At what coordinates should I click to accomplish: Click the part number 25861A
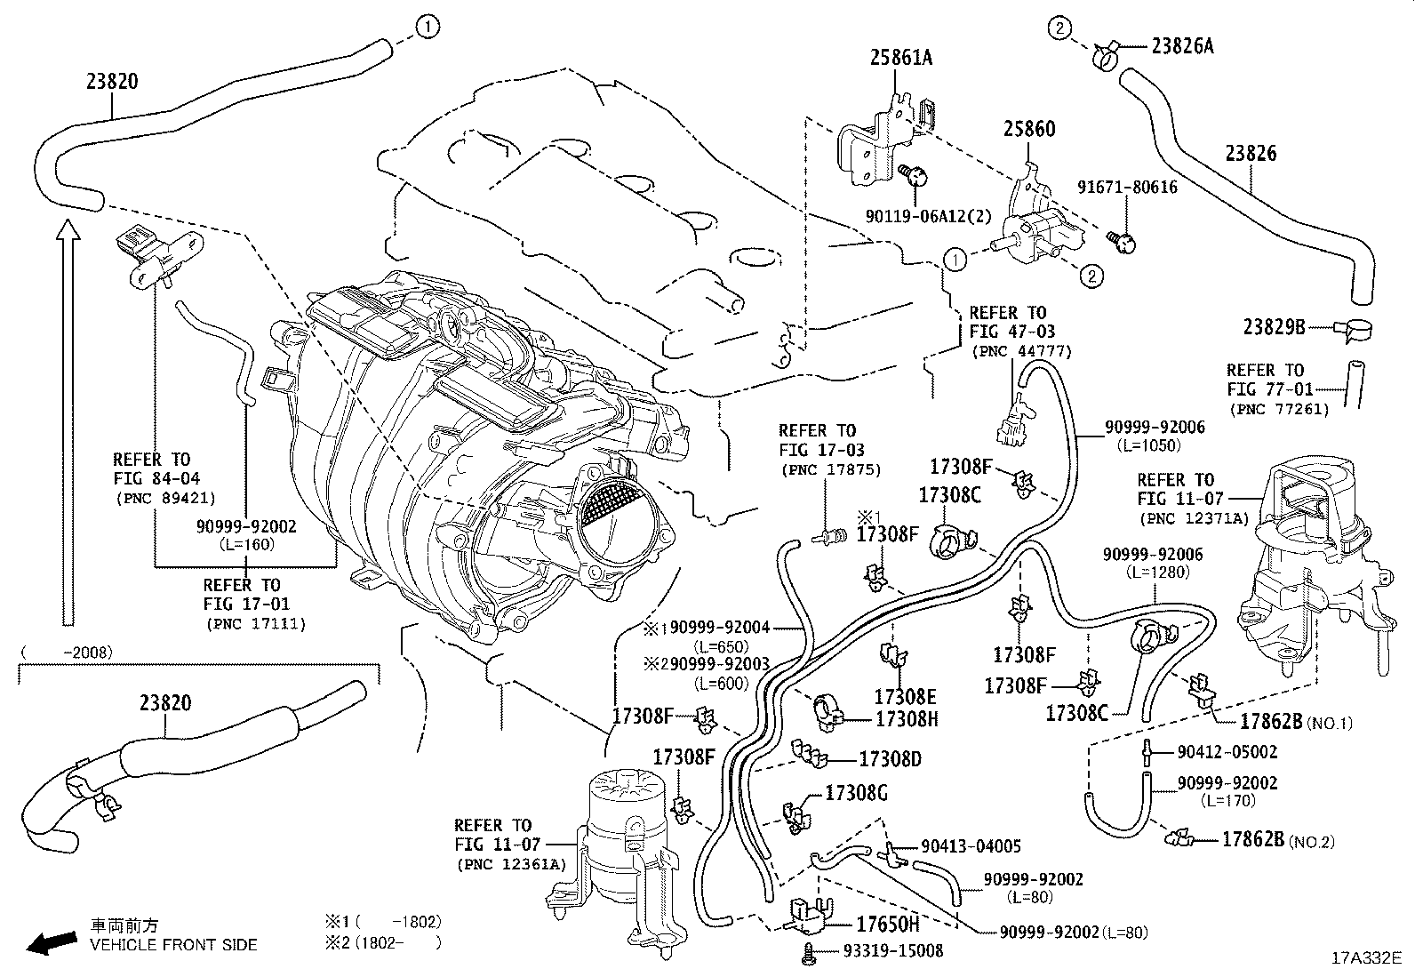pos(900,58)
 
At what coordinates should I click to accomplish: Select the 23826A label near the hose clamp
pos(1181,45)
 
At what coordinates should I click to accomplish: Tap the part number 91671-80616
pos(1127,188)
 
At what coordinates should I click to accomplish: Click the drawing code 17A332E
pos(1365,958)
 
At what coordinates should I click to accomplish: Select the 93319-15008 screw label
pos(892,951)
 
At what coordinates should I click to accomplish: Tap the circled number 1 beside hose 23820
pos(428,28)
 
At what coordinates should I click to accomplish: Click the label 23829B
pos(1273,327)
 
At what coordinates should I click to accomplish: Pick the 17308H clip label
pos(906,718)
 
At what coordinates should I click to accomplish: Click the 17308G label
pos(856,793)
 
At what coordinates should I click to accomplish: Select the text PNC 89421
pos(166,499)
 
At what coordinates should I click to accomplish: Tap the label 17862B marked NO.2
pos(1252,839)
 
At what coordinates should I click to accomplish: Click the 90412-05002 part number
pos(1227,752)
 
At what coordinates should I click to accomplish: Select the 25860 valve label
pos(1029,130)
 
